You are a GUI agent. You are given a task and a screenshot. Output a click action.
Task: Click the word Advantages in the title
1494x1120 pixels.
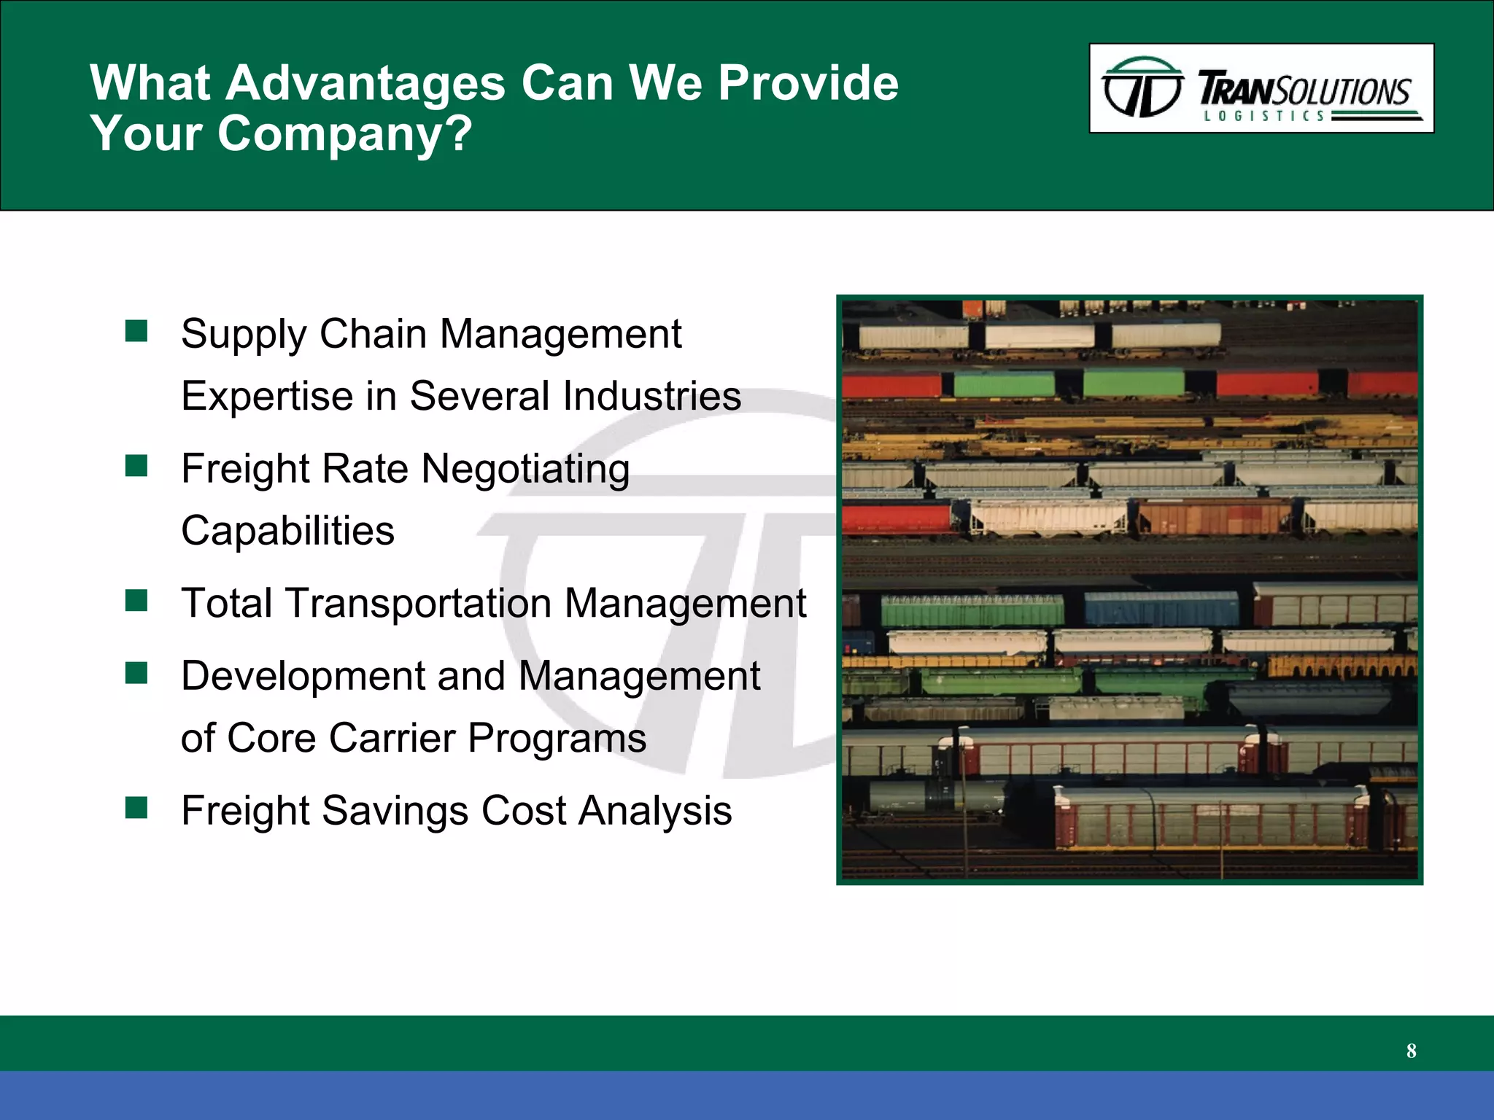click(x=365, y=82)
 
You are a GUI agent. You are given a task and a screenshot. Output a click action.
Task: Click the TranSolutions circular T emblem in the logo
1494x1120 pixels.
click(x=1142, y=88)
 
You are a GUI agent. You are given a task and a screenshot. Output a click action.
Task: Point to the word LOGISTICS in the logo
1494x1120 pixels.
click(x=1264, y=116)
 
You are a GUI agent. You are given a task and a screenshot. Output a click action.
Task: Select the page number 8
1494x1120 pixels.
click(x=1411, y=1051)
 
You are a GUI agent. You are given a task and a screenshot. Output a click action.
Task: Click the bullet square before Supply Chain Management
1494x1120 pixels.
click(x=136, y=331)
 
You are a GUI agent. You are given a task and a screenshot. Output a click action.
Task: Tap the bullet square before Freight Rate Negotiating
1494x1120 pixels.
click(x=136, y=465)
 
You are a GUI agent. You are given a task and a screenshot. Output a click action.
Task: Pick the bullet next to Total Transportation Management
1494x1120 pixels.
click(x=136, y=601)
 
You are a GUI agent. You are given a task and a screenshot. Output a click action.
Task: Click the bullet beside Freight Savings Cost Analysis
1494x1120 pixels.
click(x=136, y=807)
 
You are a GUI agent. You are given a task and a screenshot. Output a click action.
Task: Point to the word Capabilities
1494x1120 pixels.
click(x=287, y=530)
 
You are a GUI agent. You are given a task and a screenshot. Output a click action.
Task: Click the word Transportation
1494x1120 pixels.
click(x=418, y=604)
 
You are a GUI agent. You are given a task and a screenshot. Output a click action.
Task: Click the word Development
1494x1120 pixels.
click(x=302, y=676)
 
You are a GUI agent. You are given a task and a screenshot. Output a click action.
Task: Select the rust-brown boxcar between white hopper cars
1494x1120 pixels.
click(x=1215, y=517)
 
